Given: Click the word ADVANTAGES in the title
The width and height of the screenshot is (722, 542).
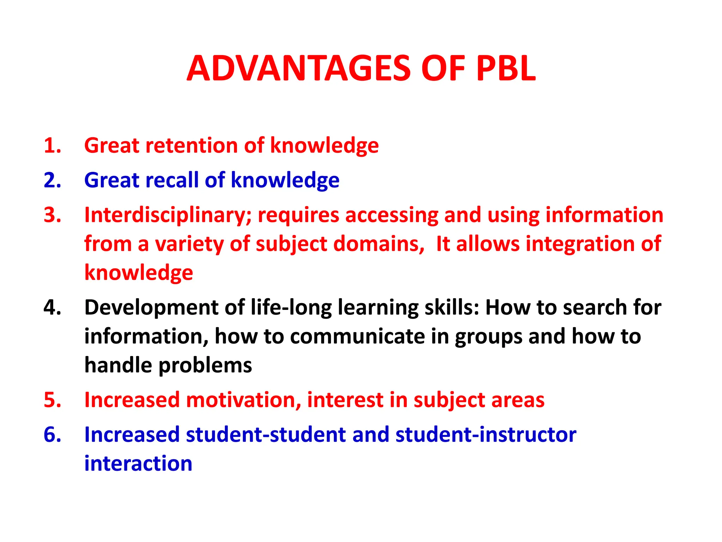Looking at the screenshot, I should coord(298,68).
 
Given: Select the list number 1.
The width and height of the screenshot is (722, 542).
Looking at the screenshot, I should coord(52,145).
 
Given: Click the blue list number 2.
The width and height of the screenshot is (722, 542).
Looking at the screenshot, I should coord(52,180).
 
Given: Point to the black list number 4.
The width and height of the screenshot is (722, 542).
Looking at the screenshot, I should coord(52,307).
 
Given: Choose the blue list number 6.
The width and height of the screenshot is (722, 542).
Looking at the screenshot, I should coord(52,434).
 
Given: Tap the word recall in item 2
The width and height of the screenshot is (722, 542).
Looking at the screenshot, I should coord(172,180).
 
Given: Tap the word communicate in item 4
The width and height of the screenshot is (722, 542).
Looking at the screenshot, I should coord(357,336).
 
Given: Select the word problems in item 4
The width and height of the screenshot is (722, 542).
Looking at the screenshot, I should coord(205,365).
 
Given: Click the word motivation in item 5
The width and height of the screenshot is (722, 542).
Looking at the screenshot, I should coord(243,400).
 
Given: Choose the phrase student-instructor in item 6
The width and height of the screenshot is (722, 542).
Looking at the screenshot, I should coord(486,434).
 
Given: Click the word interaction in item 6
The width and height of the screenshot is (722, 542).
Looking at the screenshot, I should coord(138,463).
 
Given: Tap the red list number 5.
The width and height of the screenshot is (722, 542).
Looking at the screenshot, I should coord(52,400).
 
